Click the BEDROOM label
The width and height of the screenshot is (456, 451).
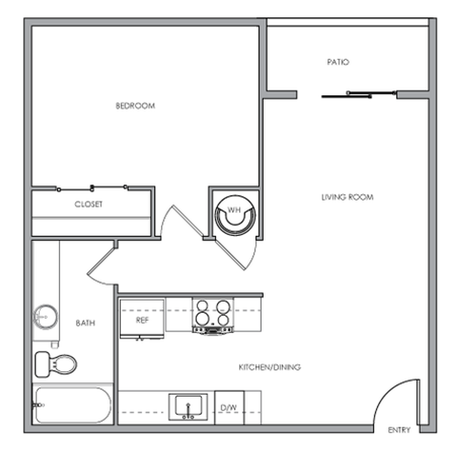point(135,106)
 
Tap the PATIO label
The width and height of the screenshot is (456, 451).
point(338,62)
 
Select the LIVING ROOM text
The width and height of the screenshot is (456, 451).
point(347,198)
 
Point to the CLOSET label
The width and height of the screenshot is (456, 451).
point(88,204)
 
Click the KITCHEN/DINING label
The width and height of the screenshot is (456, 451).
point(269,367)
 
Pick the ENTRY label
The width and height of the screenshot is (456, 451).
point(399,430)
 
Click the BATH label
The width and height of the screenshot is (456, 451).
point(85,323)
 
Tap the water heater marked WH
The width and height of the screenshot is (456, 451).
point(235,215)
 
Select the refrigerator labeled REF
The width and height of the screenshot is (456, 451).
point(142,319)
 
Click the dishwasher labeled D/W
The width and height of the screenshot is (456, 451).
point(229,408)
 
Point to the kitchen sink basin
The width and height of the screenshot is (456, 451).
point(188,406)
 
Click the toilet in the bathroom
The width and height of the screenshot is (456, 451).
point(56,364)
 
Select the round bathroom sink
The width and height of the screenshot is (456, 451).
point(46,317)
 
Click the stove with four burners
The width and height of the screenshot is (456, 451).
point(213,317)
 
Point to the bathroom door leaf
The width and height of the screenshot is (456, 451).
point(102,261)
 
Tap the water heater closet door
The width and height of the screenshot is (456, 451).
point(230,254)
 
